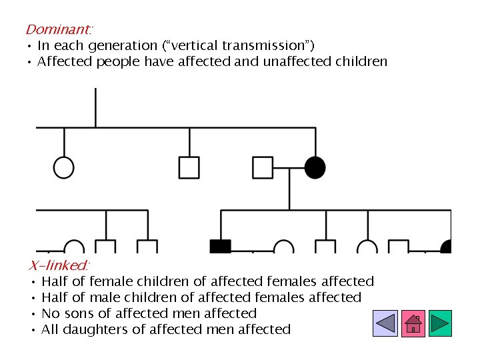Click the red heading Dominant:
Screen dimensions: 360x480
(59, 29)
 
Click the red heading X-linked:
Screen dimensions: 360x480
(59, 265)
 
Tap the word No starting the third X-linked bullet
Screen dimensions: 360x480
(50, 313)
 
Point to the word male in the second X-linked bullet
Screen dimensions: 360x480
(102, 297)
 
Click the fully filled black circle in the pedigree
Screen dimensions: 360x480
(315, 167)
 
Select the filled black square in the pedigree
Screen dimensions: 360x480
(220, 247)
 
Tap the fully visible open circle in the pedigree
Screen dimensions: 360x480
(64, 167)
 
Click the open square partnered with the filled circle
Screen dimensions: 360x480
(263, 167)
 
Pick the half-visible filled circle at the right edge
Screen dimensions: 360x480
(447, 247)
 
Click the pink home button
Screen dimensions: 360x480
(413, 323)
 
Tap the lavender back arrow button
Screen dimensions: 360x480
(385, 323)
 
